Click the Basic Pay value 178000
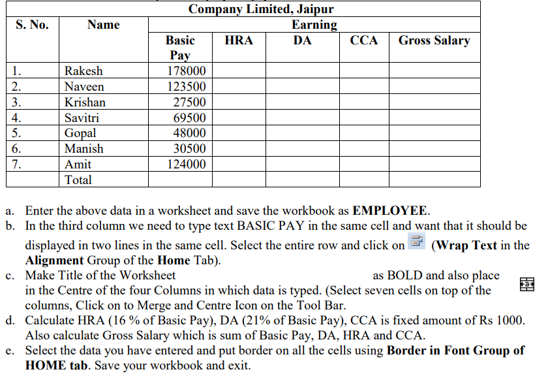[187, 71]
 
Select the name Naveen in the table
[84, 87]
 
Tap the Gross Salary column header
[434, 40]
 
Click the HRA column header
[238, 40]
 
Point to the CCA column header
[363, 40]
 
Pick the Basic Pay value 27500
[189, 102]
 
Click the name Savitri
[82, 118]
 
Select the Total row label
[78, 180]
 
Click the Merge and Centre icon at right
[527, 284]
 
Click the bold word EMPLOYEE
[389, 211]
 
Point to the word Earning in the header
[314, 25]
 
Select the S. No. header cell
[32, 25]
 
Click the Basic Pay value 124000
[187, 164]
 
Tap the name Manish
[84, 149]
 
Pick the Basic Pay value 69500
[189, 118]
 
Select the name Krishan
[85, 102]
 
